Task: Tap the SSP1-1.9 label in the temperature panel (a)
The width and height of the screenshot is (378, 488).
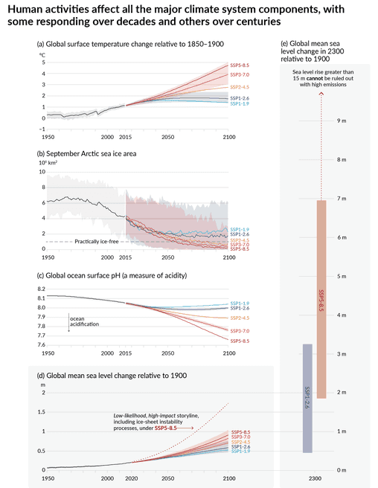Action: click(240, 103)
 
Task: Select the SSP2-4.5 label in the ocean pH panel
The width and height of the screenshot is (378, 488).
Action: click(240, 318)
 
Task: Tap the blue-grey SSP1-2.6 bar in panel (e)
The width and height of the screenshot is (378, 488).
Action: click(307, 398)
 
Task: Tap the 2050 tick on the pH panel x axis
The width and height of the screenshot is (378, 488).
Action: click(167, 354)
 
